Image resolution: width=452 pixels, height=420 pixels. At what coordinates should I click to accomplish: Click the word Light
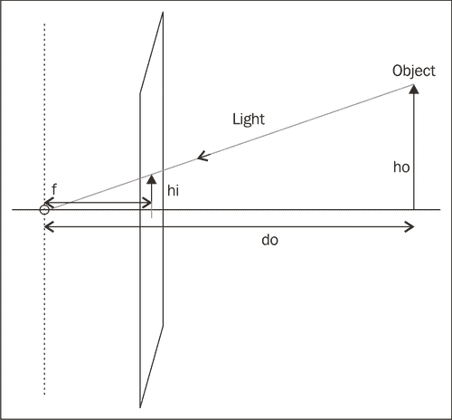(248, 119)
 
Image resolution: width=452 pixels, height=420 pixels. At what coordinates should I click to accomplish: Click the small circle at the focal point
(43, 210)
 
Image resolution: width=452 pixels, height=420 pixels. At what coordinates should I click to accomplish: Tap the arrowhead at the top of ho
(414, 88)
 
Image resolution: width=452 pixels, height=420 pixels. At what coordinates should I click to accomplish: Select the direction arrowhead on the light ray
(202, 157)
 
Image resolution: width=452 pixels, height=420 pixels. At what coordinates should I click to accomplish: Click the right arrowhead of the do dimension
(411, 224)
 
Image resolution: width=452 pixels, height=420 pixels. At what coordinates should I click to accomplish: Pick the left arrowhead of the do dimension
(48, 224)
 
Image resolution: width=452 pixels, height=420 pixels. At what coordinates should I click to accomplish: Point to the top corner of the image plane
(163, 14)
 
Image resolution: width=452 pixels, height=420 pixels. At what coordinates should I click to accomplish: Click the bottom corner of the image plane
(140, 406)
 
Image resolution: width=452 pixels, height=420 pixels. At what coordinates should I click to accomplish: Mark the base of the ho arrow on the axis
(414, 210)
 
